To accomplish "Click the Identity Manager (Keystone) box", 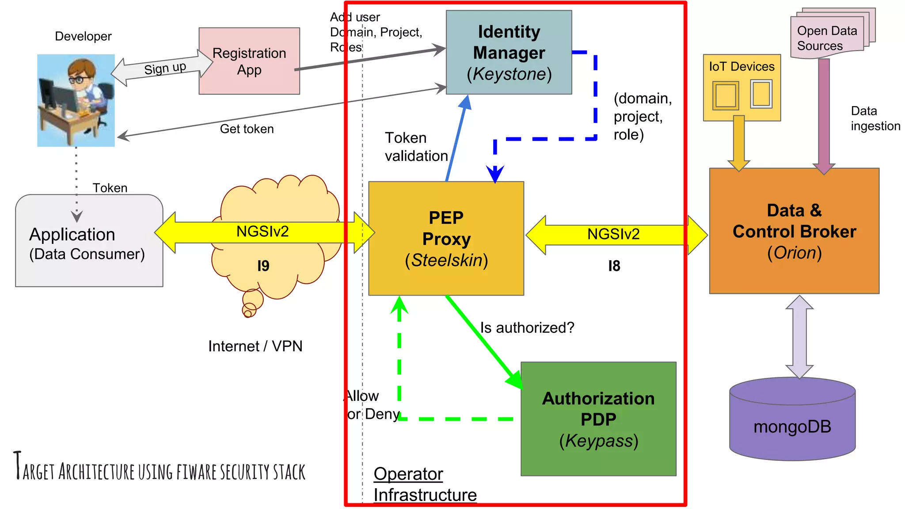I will tap(509, 52).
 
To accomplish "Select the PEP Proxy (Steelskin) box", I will tap(446, 239).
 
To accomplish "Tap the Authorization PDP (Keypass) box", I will tap(598, 419).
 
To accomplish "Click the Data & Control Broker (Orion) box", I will tap(794, 231).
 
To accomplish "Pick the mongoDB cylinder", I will tap(792, 424).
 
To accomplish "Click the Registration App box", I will tap(249, 61).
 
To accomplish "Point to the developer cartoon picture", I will tap(76, 100).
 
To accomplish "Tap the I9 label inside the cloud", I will tap(263, 266).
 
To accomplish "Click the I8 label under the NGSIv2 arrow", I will tap(614, 266).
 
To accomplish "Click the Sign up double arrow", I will tap(163, 68).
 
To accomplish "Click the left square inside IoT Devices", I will tap(725, 95).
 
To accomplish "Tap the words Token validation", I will tap(415, 147).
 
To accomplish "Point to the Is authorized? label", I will tap(527, 327).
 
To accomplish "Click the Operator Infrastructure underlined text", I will tap(424, 484).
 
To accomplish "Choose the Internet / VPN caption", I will tap(255, 346).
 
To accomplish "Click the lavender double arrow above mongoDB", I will tap(799, 337).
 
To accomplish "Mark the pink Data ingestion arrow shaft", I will tap(824, 110).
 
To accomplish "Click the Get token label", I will tap(247, 129).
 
